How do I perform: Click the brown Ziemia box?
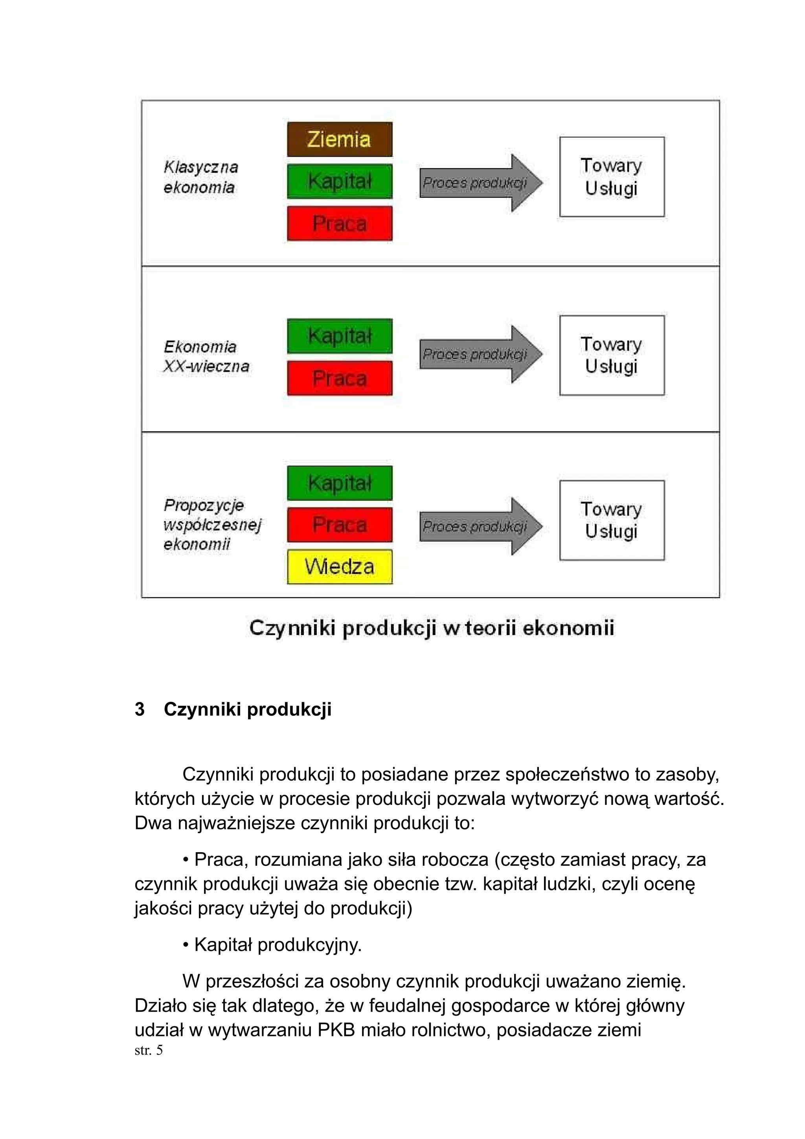coord(339,140)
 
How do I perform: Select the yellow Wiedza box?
coord(339,566)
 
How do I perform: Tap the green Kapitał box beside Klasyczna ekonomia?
coord(339,181)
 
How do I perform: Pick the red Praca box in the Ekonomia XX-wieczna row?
coord(339,378)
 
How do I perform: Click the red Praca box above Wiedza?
coord(339,524)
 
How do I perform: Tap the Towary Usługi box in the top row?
coord(612,176)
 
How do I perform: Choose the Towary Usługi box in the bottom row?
coord(612,520)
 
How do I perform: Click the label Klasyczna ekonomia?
coord(200,177)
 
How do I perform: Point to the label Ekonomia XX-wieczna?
coord(206,356)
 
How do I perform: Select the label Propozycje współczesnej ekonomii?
coord(212,524)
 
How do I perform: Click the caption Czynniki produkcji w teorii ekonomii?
coord(432,628)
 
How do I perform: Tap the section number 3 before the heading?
coord(140,709)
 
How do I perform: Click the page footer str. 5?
coord(148,1050)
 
